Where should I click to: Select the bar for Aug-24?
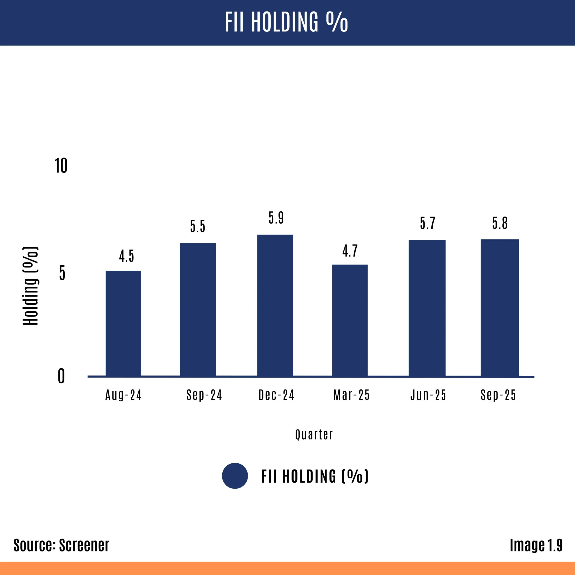pyautogui.click(x=123, y=323)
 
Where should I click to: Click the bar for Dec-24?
pyautogui.click(x=275, y=305)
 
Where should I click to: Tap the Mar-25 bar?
pyautogui.click(x=350, y=320)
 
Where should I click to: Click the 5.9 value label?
pyautogui.click(x=276, y=218)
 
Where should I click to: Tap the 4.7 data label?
pyautogui.click(x=350, y=251)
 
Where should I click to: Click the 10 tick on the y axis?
pyautogui.click(x=61, y=166)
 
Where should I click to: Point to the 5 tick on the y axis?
pyautogui.click(x=62, y=273)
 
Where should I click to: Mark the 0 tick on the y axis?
pyautogui.click(x=61, y=376)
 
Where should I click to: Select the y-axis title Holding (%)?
pyautogui.click(x=31, y=286)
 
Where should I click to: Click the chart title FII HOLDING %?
pyautogui.click(x=286, y=22)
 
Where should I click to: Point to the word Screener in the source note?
pyautogui.click(x=84, y=545)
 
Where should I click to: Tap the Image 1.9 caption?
pyautogui.click(x=536, y=545)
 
